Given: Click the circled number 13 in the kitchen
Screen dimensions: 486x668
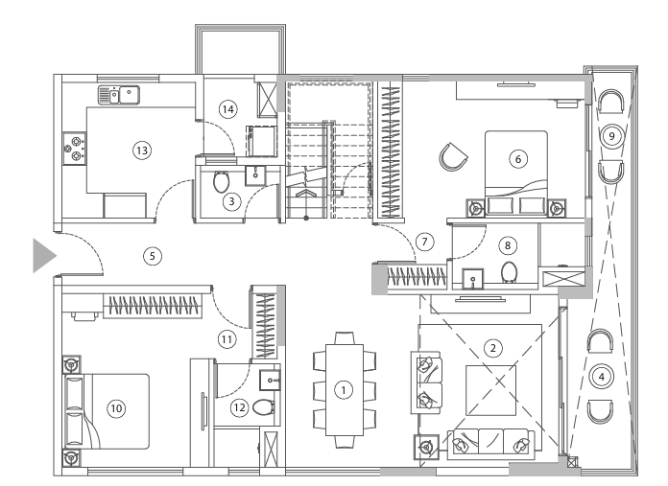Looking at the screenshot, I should point(141,150).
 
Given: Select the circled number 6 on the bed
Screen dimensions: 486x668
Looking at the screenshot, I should point(518,159).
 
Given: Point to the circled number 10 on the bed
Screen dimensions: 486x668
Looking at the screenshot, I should point(116,408).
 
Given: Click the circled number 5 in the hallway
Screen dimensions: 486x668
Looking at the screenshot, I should point(151,255).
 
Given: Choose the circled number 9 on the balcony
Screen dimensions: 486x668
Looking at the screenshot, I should point(608,136).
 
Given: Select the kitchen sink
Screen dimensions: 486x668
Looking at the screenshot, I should point(119,94).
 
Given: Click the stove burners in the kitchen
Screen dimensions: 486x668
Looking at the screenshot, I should point(73,148).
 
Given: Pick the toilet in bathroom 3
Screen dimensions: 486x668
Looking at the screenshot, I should point(222,180).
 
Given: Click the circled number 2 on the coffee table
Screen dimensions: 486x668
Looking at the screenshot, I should point(492,346).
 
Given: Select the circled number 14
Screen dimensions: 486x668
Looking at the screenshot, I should point(227,109).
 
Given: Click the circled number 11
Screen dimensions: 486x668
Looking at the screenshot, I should point(227,338).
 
